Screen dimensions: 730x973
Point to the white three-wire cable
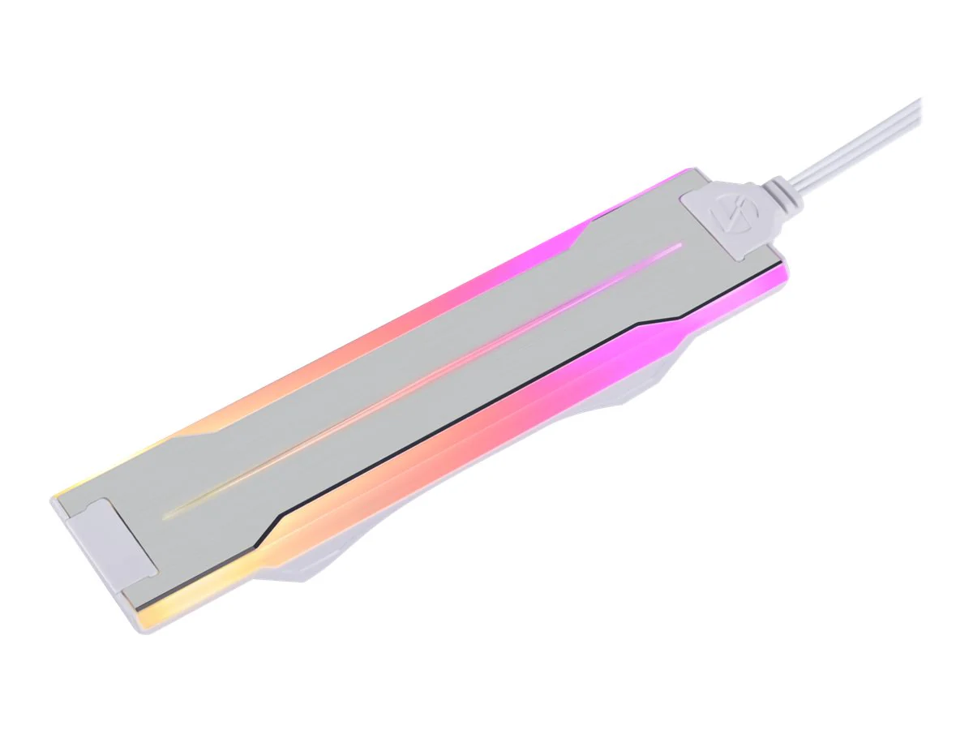click(859, 143)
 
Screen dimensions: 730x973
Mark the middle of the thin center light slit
click(422, 380)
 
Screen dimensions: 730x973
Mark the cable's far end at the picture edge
click(918, 104)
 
